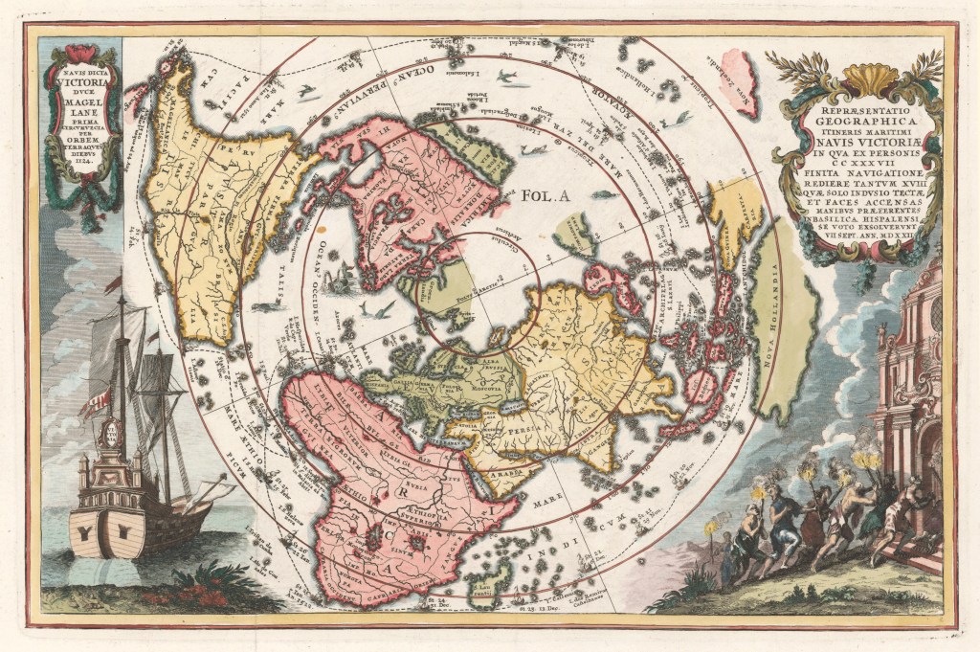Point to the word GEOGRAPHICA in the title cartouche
[859, 123]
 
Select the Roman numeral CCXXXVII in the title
[860, 164]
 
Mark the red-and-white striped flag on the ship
[95, 403]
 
